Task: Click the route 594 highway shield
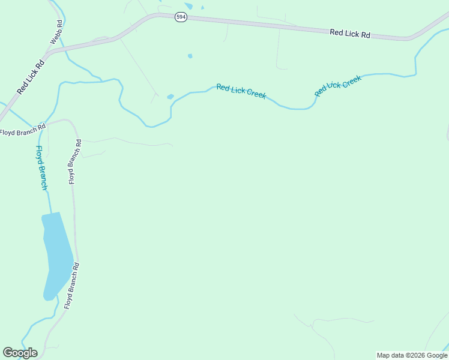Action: point(181,17)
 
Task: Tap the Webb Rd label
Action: point(56,32)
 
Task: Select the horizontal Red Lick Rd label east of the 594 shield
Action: point(349,34)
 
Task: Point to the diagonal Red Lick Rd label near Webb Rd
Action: point(31,77)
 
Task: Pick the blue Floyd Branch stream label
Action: point(41,168)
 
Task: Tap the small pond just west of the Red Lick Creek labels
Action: point(170,96)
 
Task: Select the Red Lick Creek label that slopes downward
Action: point(241,91)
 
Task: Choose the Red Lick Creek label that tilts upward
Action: point(337,86)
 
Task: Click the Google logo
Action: point(20,353)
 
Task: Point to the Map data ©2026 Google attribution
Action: point(412,355)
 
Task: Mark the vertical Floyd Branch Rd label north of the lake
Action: point(74,161)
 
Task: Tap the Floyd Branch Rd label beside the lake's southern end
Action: point(72,285)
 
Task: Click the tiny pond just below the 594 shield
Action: point(190,56)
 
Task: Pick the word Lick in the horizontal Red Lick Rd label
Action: point(350,34)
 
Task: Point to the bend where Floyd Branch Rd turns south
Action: point(73,124)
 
